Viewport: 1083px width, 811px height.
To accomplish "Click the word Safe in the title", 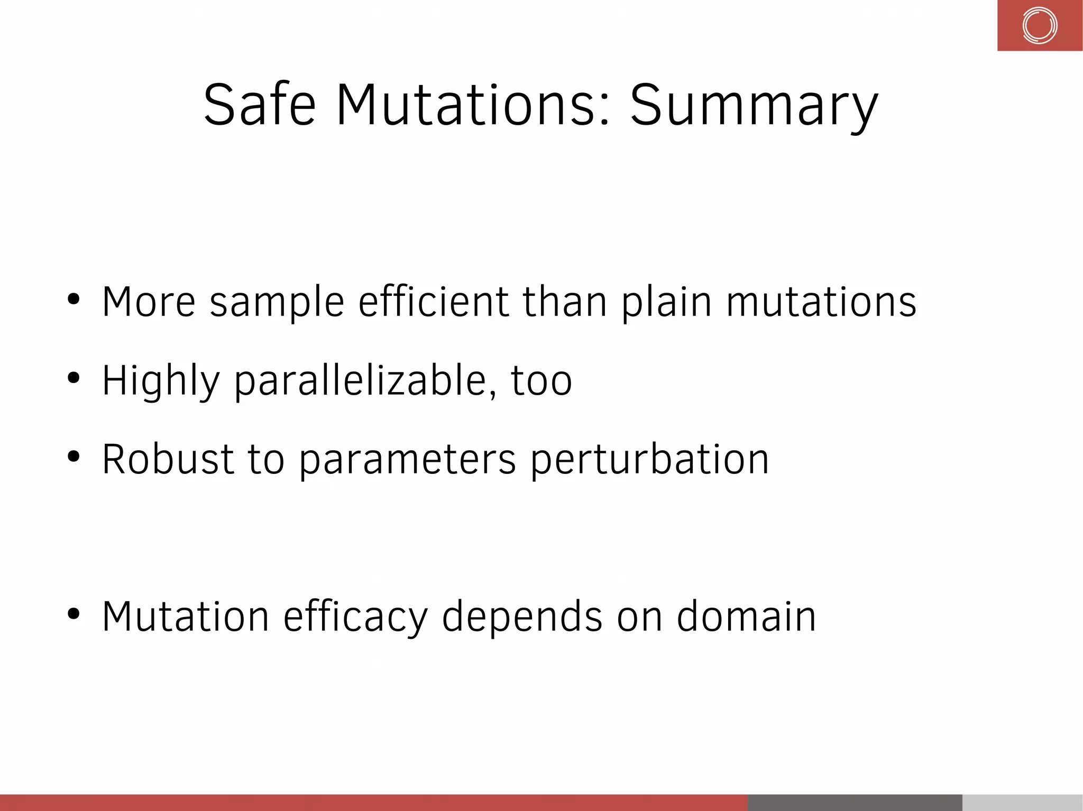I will (260, 106).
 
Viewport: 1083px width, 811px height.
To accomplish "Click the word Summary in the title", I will (754, 106).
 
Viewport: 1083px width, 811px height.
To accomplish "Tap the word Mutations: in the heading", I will (473, 106).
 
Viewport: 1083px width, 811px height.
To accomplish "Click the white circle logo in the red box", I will (1039, 25).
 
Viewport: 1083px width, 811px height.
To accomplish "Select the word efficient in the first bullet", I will (433, 302).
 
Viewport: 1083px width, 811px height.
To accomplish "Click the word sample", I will (277, 302).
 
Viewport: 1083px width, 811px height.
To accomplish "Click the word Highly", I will (161, 380).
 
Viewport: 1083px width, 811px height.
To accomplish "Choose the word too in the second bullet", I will (541, 380).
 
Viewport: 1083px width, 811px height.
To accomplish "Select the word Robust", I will (168, 459).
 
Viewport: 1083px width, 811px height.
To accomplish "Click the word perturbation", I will (649, 459).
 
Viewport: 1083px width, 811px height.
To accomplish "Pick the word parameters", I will (407, 459).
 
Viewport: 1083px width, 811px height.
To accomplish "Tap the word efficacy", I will (355, 617).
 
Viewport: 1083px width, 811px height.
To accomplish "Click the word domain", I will (746, 617).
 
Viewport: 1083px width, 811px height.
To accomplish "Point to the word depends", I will (521, 617).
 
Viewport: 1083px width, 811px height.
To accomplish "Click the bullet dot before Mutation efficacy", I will (74, 614).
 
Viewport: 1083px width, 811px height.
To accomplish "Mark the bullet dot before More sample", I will (74, 299).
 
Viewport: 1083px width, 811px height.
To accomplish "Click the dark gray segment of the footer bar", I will (854, 803).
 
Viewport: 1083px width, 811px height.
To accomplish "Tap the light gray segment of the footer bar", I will (1022, 803).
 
